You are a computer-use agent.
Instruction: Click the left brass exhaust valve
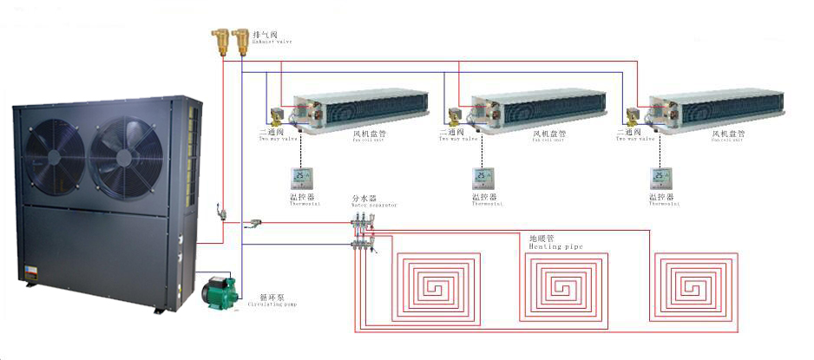tap(220, 40)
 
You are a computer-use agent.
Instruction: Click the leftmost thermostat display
tap(300, 179)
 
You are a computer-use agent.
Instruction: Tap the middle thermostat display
tap(482, 179)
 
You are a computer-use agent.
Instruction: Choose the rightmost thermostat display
tap(662, 179)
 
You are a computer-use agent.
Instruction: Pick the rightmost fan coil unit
tap(717, 107)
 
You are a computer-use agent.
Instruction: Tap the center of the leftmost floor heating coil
tap(437, 285)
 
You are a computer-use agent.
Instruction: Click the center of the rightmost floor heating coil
tap(698, 285)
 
